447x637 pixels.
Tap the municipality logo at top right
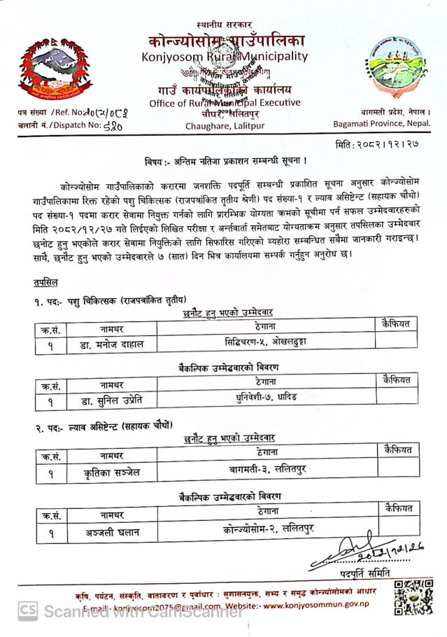coord(399,69)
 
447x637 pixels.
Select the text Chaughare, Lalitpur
coord(222,126)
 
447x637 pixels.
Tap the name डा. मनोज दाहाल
coord(111,344)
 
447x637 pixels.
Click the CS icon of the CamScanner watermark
coord(28,610)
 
